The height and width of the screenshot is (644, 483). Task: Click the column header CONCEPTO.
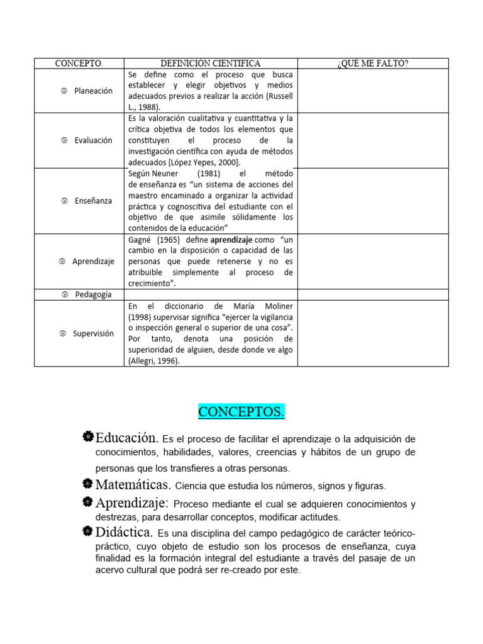(x=79, y=64)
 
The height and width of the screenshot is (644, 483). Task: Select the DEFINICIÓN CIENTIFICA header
(x=210, y=64)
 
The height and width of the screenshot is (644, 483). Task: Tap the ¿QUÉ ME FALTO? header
(x=373, y=64)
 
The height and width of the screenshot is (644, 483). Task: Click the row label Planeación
(x=93, y=91)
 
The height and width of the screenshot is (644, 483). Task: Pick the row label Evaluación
(x=93, y=140)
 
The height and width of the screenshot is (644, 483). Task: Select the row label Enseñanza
(x=93, y=201)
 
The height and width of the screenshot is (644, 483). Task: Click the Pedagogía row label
(x=92, y=294)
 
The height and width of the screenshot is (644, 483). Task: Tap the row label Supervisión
(x=92, y=333)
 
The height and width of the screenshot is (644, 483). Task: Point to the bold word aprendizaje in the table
(x=231, y=240)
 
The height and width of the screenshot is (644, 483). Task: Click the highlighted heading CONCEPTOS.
(x=241, y=412)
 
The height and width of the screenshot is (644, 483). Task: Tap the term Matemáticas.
(x=133, y=485)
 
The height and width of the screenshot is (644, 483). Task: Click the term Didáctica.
(x=124, y=532)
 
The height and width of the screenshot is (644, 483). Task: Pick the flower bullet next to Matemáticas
(x=87, y=484)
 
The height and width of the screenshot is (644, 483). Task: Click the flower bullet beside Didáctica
(x=87, y=531)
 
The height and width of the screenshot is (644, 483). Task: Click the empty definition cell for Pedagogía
(x=210, y=294)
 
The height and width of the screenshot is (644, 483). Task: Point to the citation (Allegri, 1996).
(x=153, y=361)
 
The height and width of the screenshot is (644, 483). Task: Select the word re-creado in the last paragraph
(x=255, y=571)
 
